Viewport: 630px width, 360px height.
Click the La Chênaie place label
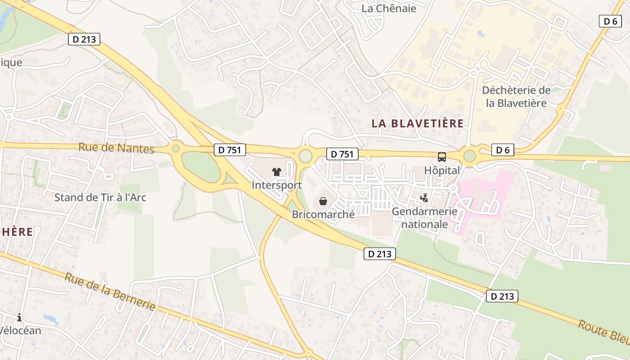[x=389, y=8]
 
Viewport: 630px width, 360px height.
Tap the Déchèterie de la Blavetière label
[x=516, y=96]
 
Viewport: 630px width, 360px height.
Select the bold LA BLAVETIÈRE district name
[x=417, y=123]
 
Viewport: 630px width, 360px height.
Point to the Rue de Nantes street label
[x=116, y=148]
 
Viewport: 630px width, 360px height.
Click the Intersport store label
[x=276, y=185]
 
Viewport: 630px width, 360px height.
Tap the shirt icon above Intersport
[x=276, y=171]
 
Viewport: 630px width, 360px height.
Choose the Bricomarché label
[x=323, y=214]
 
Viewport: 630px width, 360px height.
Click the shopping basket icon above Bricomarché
[x=323, y=201]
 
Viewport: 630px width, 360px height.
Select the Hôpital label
[x=442, y=171]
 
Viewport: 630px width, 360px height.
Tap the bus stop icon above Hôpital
[x=442, y=157]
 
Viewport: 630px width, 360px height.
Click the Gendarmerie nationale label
[x=424, y=217]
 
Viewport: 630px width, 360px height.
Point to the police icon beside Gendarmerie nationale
[x=424, y=198]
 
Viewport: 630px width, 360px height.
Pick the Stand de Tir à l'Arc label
[x=100, y=197]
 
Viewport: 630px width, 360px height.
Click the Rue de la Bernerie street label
[x=110, y=291]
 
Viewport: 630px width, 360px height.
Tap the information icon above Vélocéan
[x=19, y=318]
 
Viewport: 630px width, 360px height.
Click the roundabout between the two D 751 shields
[x=306, y=156]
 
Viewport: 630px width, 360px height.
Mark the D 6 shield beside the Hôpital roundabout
[x=502, y=150]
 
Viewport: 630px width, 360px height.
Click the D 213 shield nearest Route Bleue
[x=502, y=296]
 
